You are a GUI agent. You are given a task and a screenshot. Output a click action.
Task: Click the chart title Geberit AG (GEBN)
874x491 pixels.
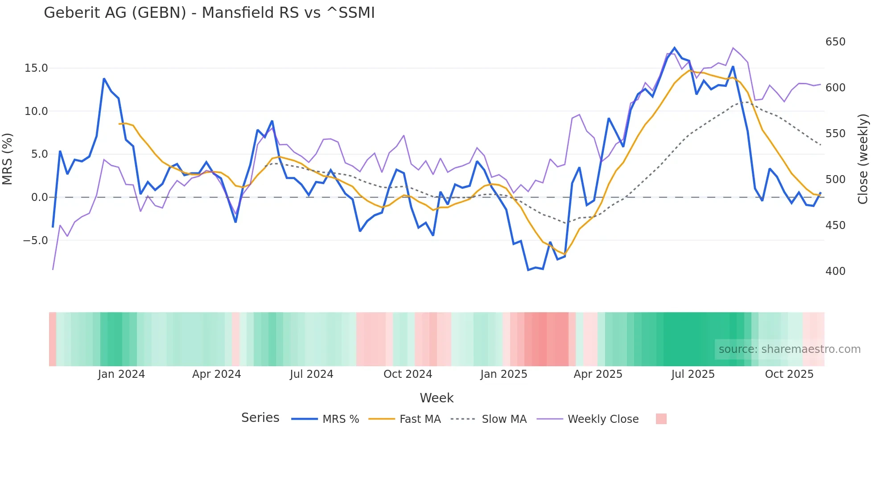[209, 13]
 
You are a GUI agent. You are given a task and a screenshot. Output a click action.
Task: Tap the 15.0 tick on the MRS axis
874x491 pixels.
[36, 68]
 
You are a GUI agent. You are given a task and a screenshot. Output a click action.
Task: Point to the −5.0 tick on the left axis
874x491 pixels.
[35, 241]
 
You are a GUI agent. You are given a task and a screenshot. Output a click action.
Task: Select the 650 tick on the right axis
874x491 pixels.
[835, 42]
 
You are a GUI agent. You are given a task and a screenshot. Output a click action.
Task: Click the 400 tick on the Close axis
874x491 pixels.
[835, 271]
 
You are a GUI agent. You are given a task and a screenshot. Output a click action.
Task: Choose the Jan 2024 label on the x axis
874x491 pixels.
[121, 374]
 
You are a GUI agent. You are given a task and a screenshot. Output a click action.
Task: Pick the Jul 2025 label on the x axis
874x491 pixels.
[693, 374]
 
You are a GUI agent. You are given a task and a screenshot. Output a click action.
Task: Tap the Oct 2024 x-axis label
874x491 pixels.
[408, 374]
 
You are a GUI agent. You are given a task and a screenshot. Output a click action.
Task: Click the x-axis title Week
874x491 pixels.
[437, 398]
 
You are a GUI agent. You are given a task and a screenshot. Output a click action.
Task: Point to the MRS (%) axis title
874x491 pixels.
[8, 159]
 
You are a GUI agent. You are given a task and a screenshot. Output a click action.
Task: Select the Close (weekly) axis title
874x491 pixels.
[863, 159]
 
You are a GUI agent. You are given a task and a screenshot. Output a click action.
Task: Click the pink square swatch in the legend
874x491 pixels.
[661, 419]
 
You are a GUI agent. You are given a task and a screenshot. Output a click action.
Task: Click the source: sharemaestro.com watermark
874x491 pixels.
[789, 349]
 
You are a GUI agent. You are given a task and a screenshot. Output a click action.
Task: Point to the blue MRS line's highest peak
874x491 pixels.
[675, 48]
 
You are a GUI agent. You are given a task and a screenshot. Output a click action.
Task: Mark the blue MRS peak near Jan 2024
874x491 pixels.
[104, 79]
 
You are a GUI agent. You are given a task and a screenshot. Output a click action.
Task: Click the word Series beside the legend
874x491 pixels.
[260, 418]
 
